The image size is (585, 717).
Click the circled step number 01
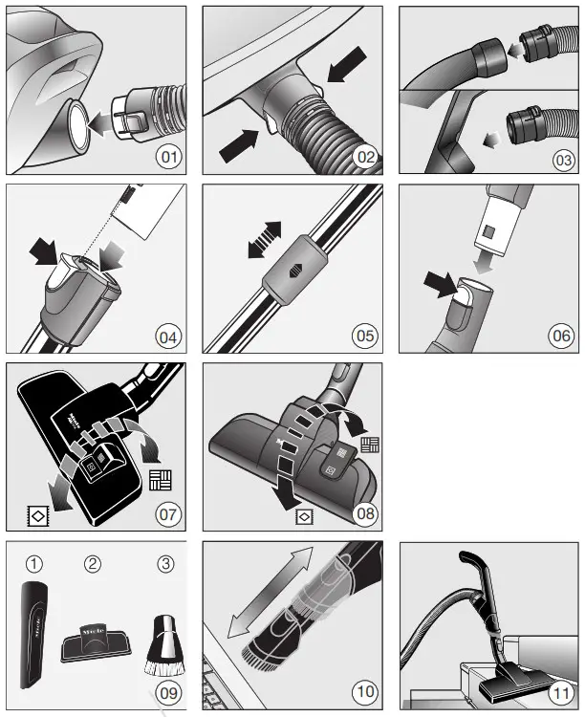tap(169, 156)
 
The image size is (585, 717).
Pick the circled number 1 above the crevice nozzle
tap(34, 563)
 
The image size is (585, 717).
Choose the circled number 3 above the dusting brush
tap(166, 563)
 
